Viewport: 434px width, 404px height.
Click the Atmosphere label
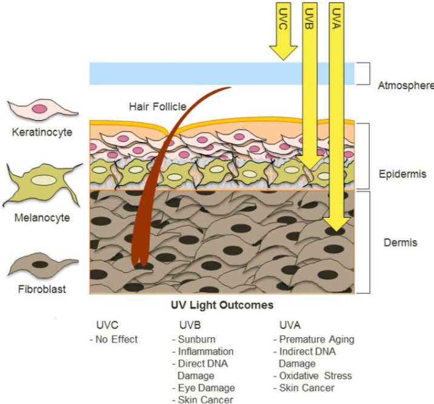coord(405,85)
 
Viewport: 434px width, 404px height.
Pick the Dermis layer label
coord(401,243)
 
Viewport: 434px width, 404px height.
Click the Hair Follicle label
coord(157,107)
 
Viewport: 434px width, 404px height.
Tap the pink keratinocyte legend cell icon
coord(42,109)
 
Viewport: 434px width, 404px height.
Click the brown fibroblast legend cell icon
coord(42,265)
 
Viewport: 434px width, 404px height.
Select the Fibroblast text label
coord(42,289)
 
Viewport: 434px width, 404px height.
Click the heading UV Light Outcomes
coord(222,305)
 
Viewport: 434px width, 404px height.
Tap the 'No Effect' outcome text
coord(116,339)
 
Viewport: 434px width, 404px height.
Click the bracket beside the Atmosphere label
coord(362,73)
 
